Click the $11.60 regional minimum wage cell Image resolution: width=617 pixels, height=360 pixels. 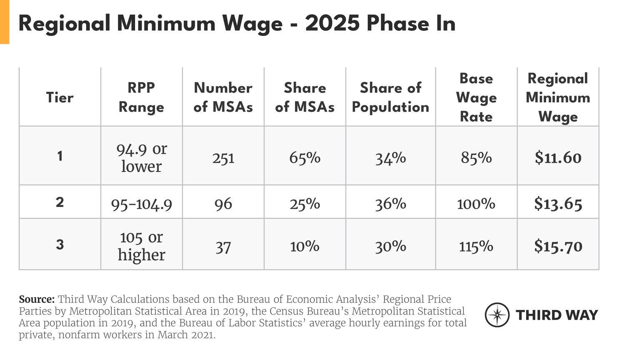(558, 158)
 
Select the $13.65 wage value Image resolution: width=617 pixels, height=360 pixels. (558, 204)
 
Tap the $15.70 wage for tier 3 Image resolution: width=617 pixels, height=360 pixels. (558, 246)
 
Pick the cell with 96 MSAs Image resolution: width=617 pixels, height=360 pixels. (223, 204)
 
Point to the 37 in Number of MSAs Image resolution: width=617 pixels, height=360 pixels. (223, 247)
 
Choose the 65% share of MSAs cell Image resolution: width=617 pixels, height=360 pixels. (305, 158)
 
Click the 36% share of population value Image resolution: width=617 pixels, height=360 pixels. (391, 204)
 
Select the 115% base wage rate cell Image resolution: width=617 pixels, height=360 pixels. (476, 247)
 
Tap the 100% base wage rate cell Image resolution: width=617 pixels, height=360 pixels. (476, 204)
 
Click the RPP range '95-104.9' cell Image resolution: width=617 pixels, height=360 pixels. (141, 204)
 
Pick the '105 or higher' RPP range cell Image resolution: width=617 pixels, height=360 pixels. (141, 246)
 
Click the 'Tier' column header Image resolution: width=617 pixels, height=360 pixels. (60, 98)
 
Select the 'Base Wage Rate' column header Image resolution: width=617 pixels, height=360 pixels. (476, 98)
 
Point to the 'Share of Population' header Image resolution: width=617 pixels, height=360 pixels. (391, 98)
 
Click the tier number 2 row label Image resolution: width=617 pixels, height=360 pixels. (60, 202)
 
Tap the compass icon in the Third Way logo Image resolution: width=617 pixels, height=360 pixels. (497, 315)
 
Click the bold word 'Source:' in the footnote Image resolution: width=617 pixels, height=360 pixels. (37, 300)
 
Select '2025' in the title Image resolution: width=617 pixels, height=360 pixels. (332, 23)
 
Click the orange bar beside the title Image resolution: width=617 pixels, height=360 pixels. (4, 22)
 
